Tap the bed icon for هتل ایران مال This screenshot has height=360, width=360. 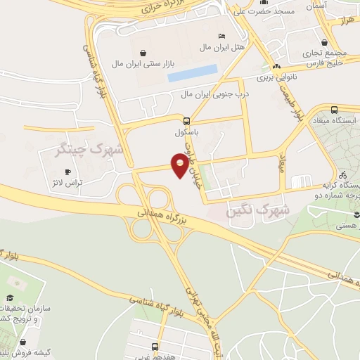point(222,36)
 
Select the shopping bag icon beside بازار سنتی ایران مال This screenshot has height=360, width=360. point(143,53)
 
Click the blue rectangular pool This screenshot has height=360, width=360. point(193,72)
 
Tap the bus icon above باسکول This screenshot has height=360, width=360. point(186,120)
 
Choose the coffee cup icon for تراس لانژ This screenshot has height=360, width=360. point(68,172)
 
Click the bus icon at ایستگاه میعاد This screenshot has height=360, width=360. point(333,109)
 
